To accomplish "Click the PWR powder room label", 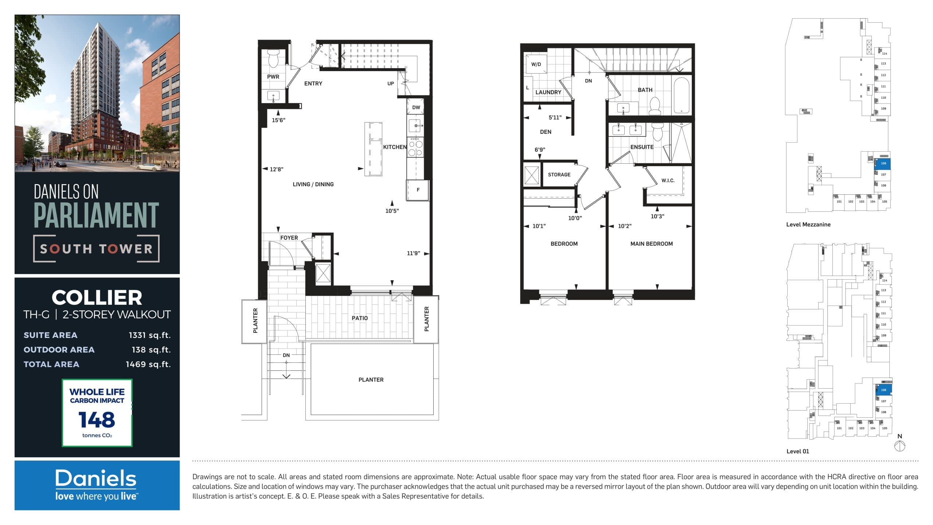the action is tap(273, 77).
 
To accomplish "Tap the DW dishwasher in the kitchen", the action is tap(416, 107).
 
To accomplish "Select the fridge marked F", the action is tap(418, 190).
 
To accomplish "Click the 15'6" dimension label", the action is tap(278, 120).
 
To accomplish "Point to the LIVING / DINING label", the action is tap(313, 184).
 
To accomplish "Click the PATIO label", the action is tap(359, 318).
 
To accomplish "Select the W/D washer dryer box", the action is tap(536, 65).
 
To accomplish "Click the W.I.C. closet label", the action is tap(668, 180).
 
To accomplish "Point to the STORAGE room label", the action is tap(559, 175).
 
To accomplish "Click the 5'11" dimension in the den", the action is tap(555, 117).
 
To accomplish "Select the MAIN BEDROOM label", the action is tap(651, 244).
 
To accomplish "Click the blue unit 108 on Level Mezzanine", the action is tap(883, 164).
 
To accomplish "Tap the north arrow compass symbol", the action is tap(899, 446).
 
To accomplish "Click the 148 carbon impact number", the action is tap(97, 420).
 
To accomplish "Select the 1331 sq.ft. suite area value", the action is tap(149, 335).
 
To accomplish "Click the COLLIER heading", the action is tap(97, 297).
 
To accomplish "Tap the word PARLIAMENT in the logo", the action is tap(96, 215).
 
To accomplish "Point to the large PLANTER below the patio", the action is tap(371, 380).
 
